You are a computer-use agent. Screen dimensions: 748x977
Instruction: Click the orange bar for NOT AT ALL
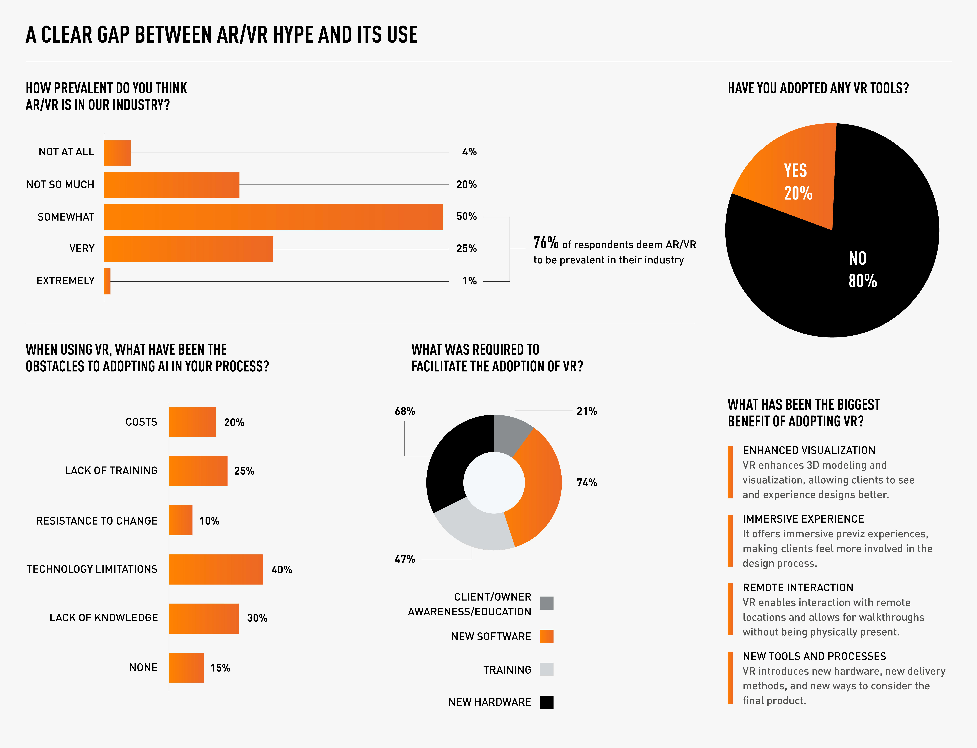coord(117,153)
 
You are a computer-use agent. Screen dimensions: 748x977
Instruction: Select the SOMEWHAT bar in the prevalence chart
coord(273,217)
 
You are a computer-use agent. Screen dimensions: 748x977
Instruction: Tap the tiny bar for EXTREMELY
coord(107,281)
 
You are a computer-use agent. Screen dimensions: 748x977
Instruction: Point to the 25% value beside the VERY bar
coord(466,248)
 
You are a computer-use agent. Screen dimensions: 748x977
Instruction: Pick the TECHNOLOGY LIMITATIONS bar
coord(215,569)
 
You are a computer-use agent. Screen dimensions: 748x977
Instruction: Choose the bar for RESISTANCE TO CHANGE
coord(181,520)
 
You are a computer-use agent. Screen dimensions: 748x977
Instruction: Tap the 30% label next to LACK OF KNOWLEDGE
coord(257,618)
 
